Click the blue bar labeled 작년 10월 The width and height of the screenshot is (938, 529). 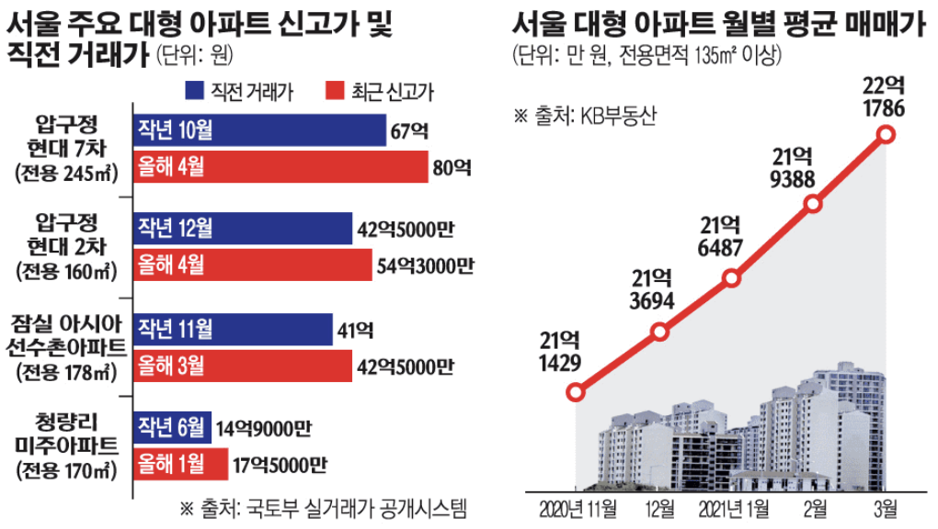[x=259, y=130]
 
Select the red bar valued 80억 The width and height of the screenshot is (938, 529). [x=280, y=167]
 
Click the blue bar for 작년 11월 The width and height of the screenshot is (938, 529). [x=233, y=329]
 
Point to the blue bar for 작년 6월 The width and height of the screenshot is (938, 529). [x=173, y=427]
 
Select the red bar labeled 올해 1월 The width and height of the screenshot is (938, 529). [x=181, y=464]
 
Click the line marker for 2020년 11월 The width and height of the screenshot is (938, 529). [x=576, y=393]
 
